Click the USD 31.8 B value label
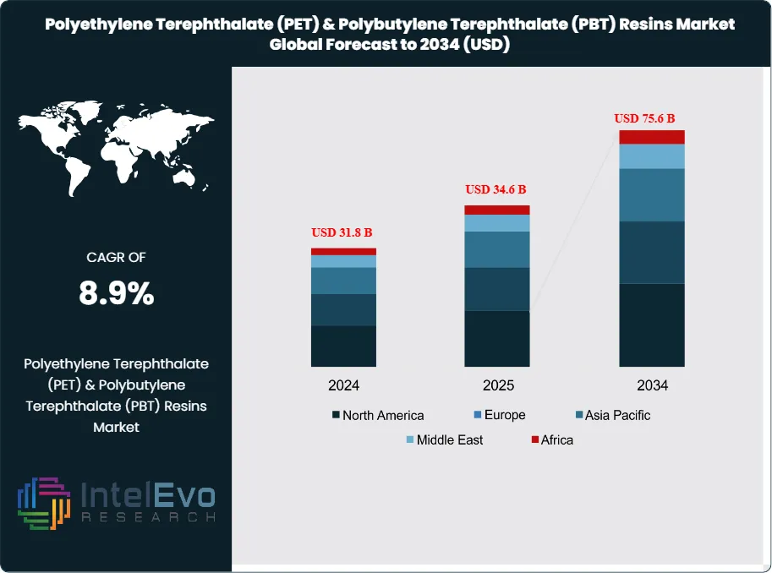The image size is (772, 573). point(343,232)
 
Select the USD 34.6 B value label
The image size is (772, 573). point(496,189)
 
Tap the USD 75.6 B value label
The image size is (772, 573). point(650,118)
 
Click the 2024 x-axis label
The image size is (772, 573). point(343,385)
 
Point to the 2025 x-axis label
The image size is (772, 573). point(498,385)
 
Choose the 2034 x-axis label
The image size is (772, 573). point(652,385)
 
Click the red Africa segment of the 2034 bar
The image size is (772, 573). point(651,137)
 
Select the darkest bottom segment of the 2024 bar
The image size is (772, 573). point(343,346)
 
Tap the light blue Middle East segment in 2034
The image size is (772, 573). point(651,156)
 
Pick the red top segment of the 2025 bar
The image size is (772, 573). point(497,210)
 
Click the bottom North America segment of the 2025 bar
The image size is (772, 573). point(497,338)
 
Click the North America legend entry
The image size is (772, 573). point(377,415)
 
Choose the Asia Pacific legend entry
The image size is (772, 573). point(612,415)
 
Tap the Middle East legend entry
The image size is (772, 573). point(444,439)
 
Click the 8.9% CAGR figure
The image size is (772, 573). point(116,293)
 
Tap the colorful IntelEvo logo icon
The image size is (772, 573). point(42,504)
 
